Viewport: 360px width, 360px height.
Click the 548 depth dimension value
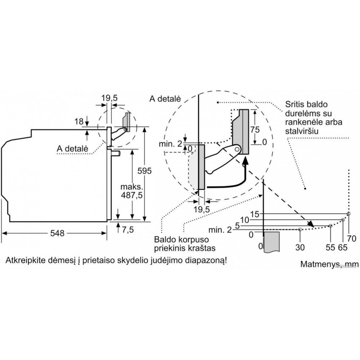pyautogui.click(x=57, y=233)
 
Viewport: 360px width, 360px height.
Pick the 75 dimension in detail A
pyautogui.click(x=255, y=129)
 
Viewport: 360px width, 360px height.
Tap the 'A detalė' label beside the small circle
pyautogui.click(x=73, y=148)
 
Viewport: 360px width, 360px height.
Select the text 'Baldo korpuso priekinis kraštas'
pyautogui.click(x=184, y=244)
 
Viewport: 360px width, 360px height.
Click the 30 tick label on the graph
pyautogui.click(x=300, y=247)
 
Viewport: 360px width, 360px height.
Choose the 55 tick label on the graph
pyautogui.click(x=330, y=247)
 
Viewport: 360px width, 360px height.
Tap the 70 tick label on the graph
pyautogui.click(x=352, y=238)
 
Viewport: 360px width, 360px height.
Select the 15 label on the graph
pyautogui.click(x=255, y=214)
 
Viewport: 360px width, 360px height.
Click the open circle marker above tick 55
pyautogui.click(x=330, y=226)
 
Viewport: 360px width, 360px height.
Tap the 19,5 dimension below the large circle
pyautogui.click(x=201, y=209)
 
